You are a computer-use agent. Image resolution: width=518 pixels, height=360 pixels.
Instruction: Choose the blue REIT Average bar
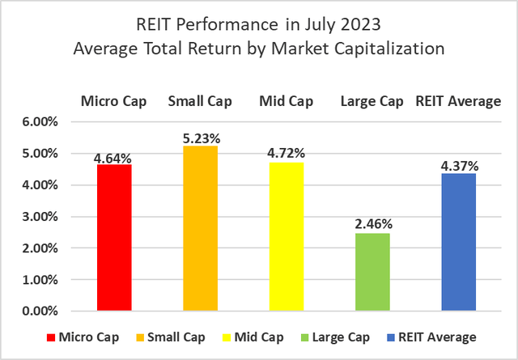458,243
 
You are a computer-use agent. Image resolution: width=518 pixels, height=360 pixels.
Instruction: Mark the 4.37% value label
458,167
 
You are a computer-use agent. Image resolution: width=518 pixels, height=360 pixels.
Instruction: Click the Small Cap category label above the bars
200,101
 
